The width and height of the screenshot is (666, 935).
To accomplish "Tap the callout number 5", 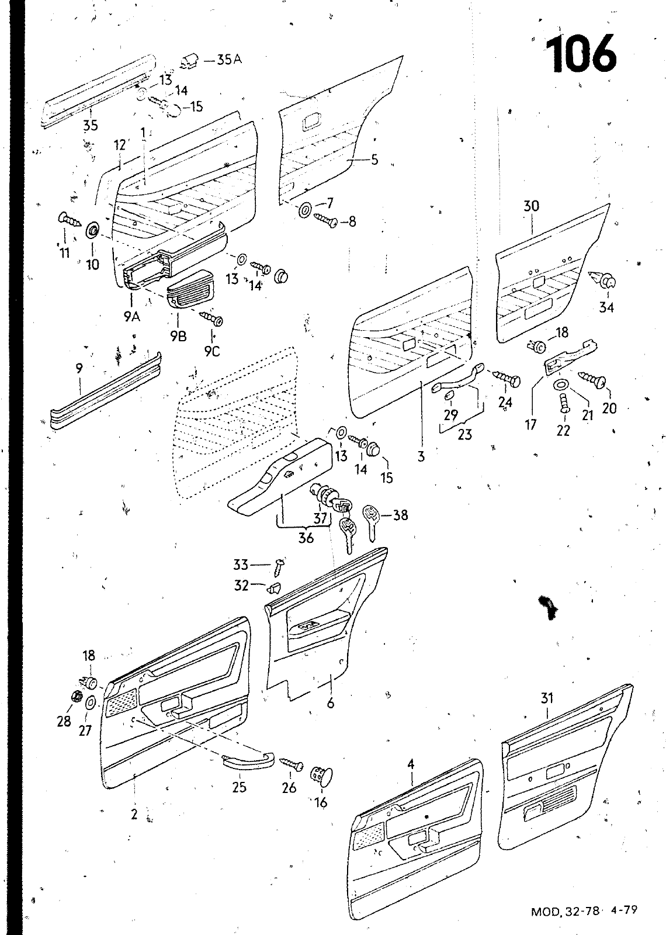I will (374, 160).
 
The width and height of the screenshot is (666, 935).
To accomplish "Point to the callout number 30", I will (531, 206).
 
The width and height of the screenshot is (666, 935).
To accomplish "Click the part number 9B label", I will (179, 337).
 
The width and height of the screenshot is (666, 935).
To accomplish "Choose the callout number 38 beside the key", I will (400, 515).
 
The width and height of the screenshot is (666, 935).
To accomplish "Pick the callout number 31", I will (547, 698).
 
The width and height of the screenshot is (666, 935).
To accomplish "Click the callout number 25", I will (239, 787).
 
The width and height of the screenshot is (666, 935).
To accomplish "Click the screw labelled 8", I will (326, 221).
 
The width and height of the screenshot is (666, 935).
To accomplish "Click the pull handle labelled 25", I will (249, 760).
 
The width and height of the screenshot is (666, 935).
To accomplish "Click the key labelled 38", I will (372, 519).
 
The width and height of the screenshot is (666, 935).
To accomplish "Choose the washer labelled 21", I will (560, 385).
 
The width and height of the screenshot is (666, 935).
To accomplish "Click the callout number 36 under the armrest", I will (306, 538).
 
